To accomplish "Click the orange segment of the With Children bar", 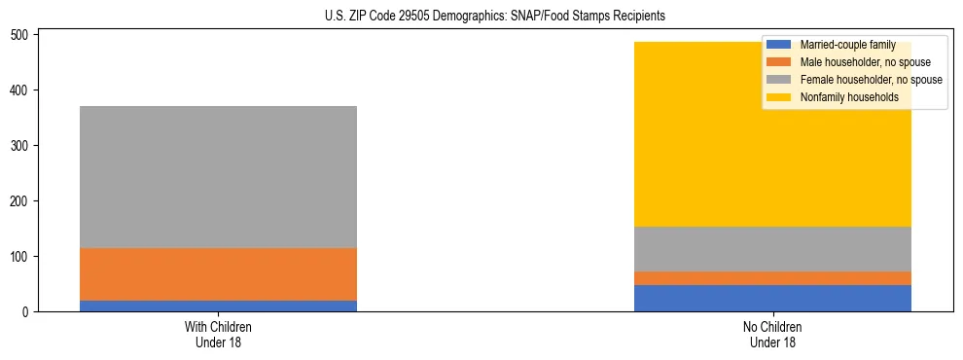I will tap(218, 274).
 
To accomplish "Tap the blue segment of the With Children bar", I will tap(218, 306).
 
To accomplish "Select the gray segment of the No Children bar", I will tap(772, 249).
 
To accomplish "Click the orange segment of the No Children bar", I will tap(772, 278).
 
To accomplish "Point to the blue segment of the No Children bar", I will tap(772, 298).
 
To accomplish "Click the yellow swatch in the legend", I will tap(779, 97).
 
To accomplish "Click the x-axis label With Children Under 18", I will tap(218, 335).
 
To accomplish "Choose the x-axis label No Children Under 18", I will tap(772, 335).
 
